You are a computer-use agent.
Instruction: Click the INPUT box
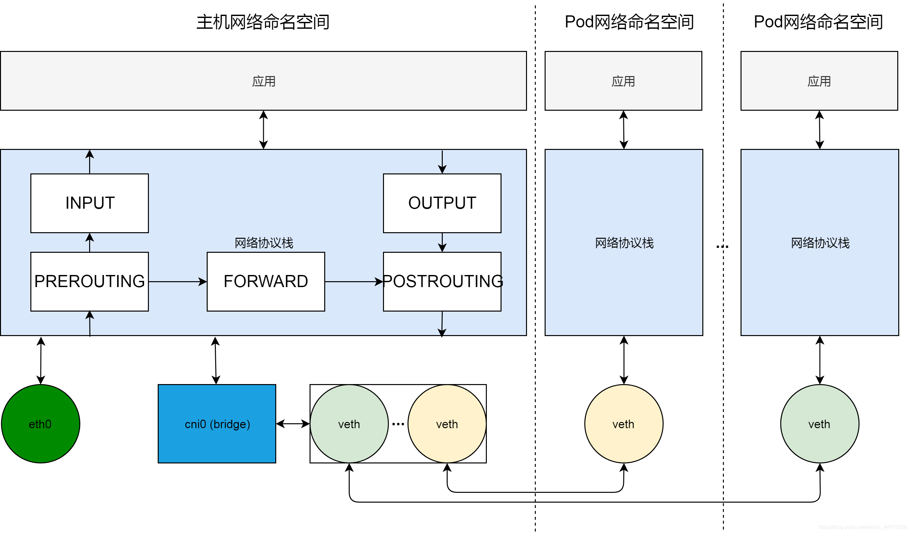point(89,203)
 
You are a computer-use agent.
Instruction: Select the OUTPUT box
point(442,203)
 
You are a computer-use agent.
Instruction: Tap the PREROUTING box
point(89,282)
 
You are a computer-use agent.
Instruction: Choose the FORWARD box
point(266,282)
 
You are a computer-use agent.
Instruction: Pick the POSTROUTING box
point(442,282)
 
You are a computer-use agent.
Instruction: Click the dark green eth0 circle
point(40,424)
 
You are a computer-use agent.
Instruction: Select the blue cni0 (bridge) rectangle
point(217,424)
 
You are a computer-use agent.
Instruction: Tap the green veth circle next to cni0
point(349,424)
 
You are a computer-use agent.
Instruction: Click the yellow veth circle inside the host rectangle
point(447,424)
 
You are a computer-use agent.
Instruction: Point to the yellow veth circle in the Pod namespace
point(624,424)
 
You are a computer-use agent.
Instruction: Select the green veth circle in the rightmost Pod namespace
point(820,424)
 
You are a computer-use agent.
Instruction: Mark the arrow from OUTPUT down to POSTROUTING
point(442,242)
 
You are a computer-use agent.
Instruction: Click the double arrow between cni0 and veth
point(293,424)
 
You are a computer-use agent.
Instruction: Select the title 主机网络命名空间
point(263,22)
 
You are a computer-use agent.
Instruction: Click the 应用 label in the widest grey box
point(263,81)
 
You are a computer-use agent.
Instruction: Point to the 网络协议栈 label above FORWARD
point(264,243)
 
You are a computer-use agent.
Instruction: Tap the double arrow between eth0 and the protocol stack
point(41,360)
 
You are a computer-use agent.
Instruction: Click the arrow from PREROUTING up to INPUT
point(89,242)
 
